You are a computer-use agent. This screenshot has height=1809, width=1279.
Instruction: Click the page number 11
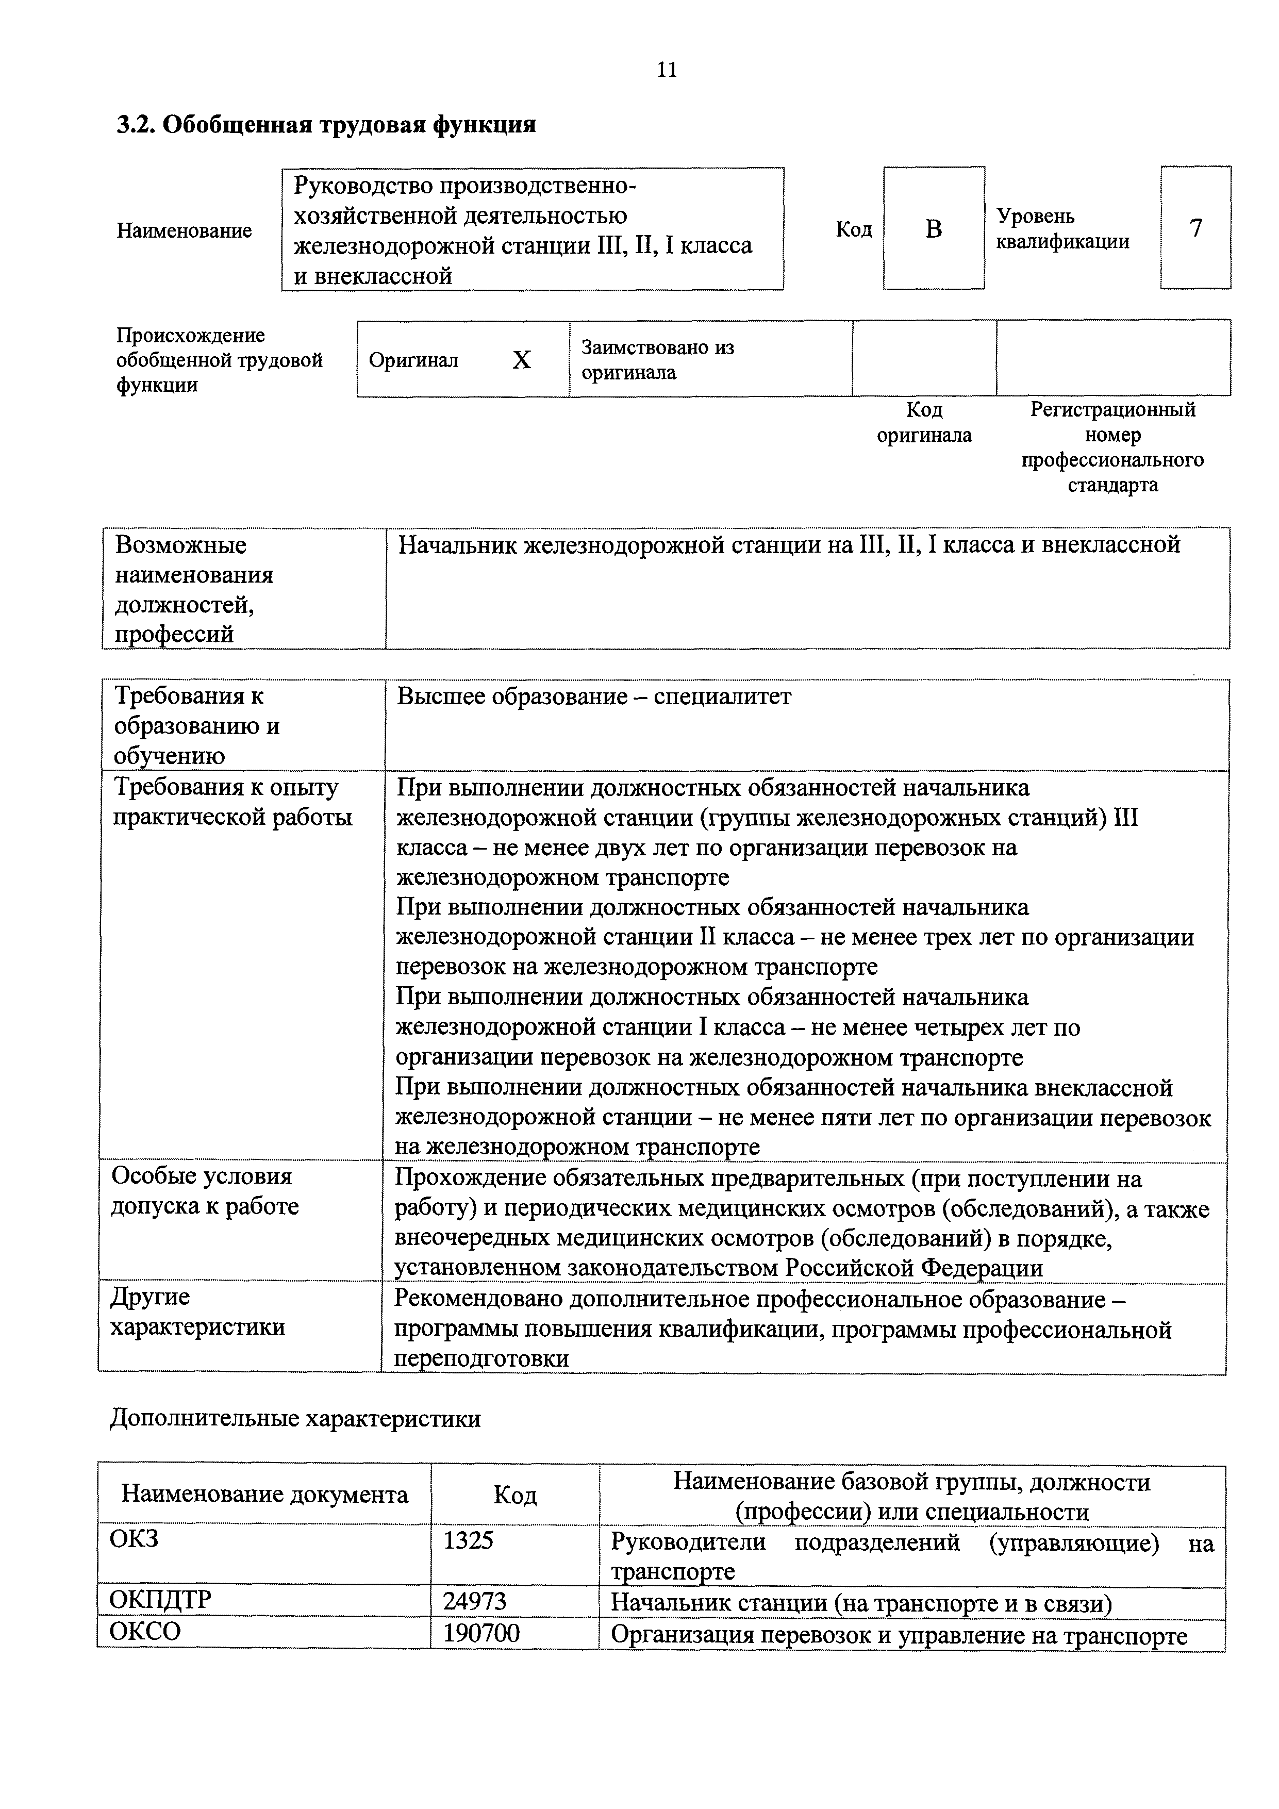[x=666, y=70]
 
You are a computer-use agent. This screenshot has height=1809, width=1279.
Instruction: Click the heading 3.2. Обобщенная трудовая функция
[x=326, y=124]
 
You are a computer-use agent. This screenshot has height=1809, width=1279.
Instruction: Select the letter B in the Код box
[x=933, y=229]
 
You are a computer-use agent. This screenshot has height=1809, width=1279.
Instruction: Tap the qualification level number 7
[x=1195, y=228]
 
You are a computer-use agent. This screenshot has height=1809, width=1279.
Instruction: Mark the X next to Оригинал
[x=522, y=360]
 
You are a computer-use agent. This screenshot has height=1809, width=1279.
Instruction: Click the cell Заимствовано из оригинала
[x=658, y=359]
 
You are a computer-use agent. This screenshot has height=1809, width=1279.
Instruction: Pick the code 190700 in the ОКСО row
[x=481, y=1633]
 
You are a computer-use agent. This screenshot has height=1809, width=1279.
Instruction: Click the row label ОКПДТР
[x=161, y=1600]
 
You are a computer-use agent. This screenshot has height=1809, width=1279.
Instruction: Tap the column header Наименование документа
[x=265, y=1495]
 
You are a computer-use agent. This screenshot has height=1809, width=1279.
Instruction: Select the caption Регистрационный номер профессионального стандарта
[x=1112, y=447]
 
